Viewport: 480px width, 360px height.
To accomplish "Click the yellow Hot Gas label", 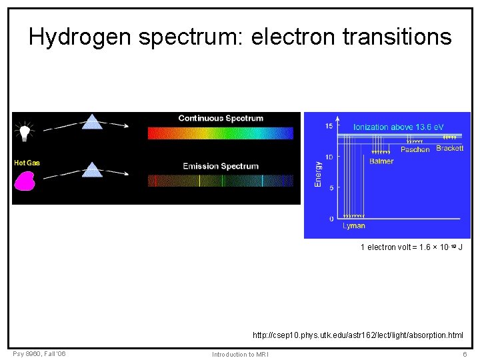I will pyautogui.click(x=27, y=163).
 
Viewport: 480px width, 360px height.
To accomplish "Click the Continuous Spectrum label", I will pyautogui.click(x=221, y=119).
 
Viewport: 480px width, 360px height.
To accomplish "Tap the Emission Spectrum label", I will pyautogui.click(x=221, y=166).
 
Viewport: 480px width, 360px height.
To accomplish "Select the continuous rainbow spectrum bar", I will pyautogui.click(x=220, y=133).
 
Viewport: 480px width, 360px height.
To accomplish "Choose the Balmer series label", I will pyautogui.click(x=381, y=161).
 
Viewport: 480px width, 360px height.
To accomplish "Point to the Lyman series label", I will pyautogui.click(x=354, y=226).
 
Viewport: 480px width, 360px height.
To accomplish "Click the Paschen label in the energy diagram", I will pyautogui.click(x=415, y=150).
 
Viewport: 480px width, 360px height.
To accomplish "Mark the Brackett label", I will pyautogui.click(x=450, y=148).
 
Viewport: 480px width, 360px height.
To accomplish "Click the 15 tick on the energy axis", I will pyautogui.click(x=329, y=126).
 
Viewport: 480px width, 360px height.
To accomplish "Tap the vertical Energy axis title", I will pyautogui.click(x=318, y=173).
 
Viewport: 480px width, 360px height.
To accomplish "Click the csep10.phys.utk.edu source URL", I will pyautogui.click(x=357, y=335).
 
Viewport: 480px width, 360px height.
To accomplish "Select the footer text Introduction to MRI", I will pyautogui.click(x=240, y=354).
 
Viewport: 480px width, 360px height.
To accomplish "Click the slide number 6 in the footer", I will pyautogui.click(x=465, y=354).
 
